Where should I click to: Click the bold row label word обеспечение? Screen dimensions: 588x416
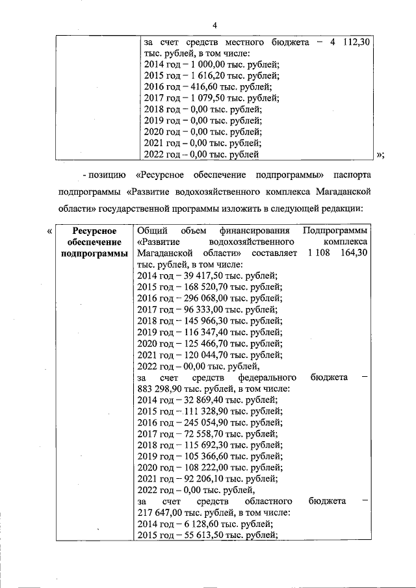pos(94,242)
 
